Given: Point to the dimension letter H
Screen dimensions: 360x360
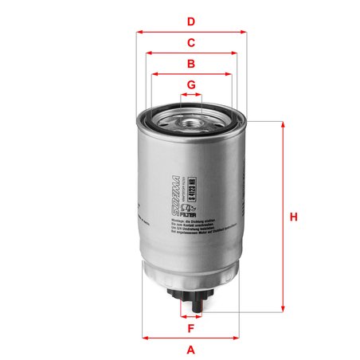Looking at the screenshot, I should tap(294, 217).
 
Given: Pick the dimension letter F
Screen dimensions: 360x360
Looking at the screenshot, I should tap(191, 327).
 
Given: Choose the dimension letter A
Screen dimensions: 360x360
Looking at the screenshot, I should tap(191, 349).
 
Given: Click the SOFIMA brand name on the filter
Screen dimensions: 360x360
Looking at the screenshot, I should tap(177, 192).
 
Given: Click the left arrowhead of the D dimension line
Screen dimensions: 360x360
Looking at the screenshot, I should tap(139, 32).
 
